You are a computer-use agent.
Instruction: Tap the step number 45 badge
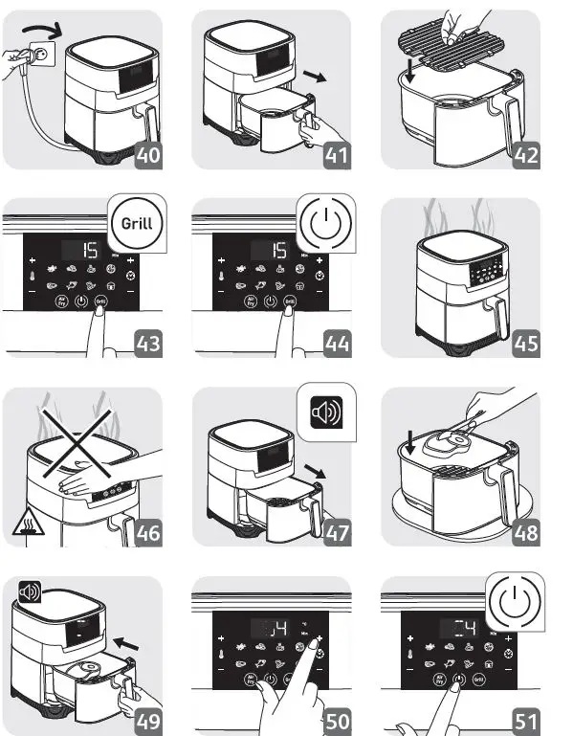click(525, 343)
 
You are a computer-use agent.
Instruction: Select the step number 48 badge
click(525, 532)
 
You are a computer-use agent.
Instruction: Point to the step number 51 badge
click(525, 721)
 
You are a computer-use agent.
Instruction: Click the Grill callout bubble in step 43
click(136, 226)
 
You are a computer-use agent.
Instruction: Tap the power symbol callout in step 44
click(325, 226)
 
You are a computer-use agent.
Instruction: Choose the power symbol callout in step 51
click(514, 604)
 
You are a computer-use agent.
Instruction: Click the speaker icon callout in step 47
click(324, 414)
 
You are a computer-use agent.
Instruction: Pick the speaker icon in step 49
click(31, 591)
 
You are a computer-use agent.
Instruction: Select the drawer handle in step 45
click(496, 317)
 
